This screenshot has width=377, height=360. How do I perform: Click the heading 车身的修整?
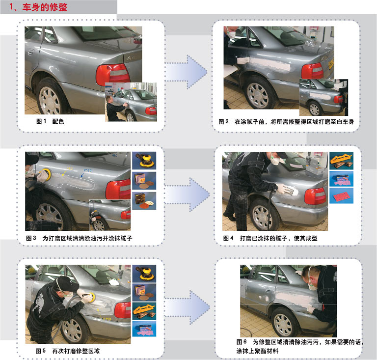[45, 7]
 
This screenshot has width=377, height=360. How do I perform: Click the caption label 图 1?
[41, 121]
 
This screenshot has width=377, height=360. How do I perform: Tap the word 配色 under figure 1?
[58, 121]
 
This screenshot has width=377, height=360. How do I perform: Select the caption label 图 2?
[223, 122]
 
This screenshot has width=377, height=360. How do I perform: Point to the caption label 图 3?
[31, 238]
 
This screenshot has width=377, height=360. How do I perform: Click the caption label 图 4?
[228, 238]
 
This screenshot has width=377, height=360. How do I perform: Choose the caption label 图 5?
[40, 351]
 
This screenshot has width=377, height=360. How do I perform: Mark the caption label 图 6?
[242, 342]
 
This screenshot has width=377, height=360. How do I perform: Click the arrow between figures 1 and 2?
[186, 72]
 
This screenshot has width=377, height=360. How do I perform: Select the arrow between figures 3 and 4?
[187, 195]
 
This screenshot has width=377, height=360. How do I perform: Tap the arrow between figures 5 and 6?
[187, 307]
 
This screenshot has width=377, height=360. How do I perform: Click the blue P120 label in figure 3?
[87, 170]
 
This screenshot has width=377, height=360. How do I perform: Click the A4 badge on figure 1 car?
[131, 58]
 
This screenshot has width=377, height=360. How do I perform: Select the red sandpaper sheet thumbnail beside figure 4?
[341, 196]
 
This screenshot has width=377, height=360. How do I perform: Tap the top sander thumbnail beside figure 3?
[144, 161]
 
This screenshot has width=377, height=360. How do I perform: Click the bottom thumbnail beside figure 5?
[144, 329]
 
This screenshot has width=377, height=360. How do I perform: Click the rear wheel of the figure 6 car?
[283, 322]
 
